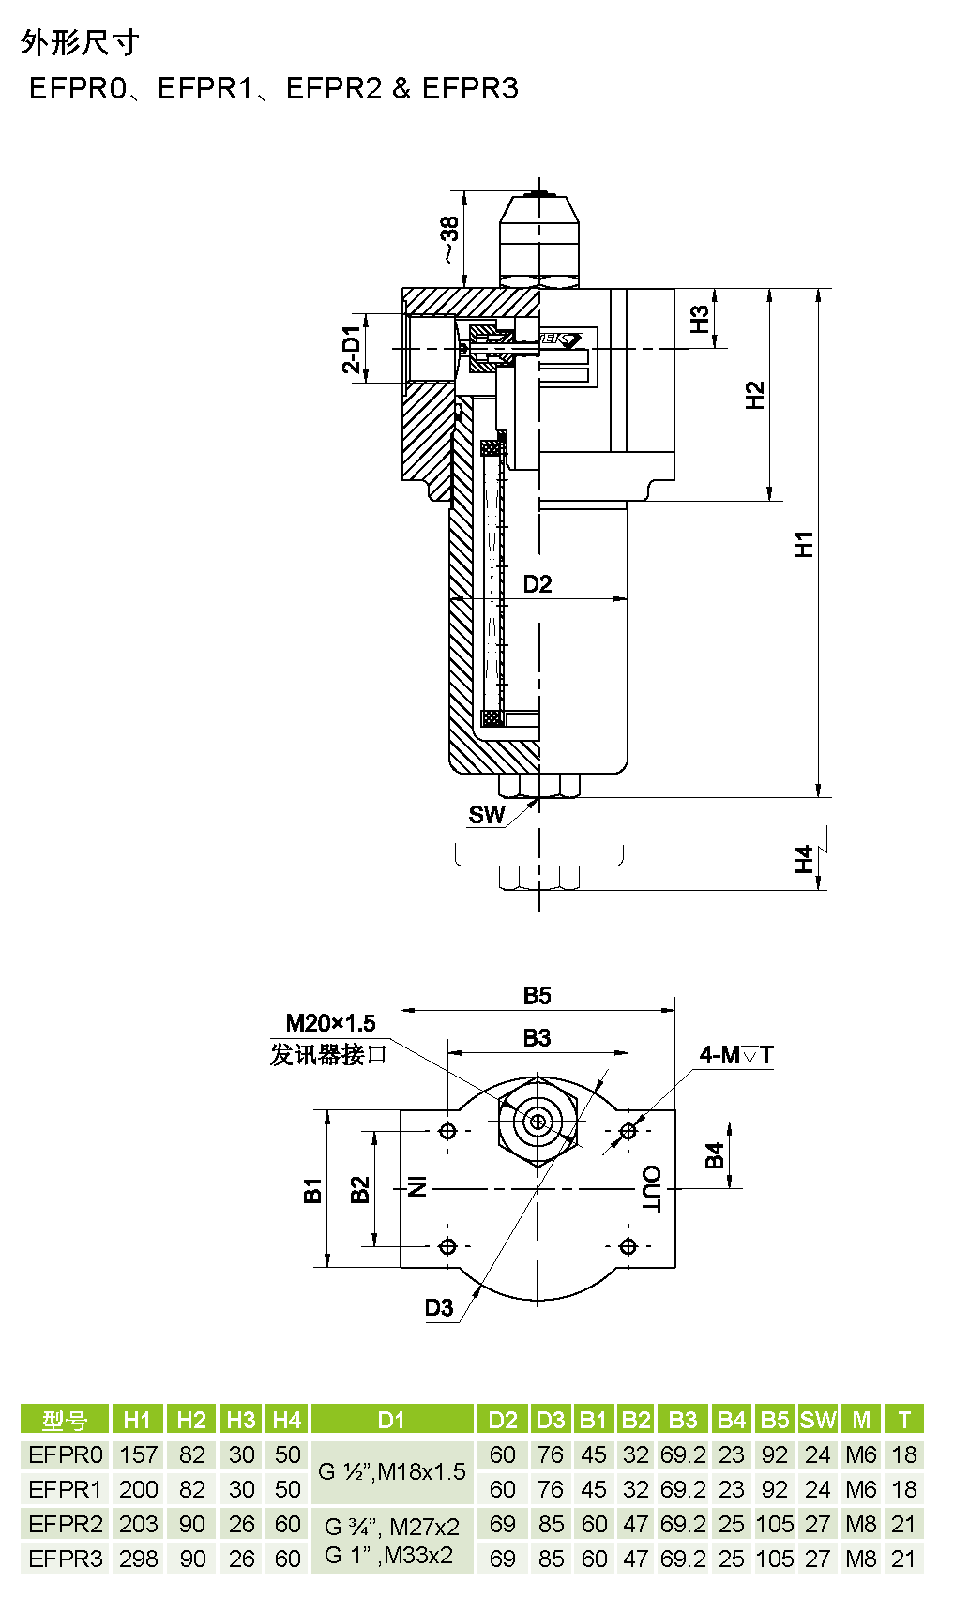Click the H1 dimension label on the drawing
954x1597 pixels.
(804, 544)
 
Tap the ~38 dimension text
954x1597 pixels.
(449, 240)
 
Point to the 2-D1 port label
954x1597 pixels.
(352, 350)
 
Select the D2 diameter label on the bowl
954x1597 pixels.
(538, 584)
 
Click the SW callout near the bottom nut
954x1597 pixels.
(486, 814)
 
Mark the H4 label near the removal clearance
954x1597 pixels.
(804, 859)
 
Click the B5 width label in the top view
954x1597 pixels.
(537, 995)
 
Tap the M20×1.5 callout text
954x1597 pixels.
(330, 1023)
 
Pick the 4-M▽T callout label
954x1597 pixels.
(736, 1054)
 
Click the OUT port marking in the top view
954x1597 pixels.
(652, 1189)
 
